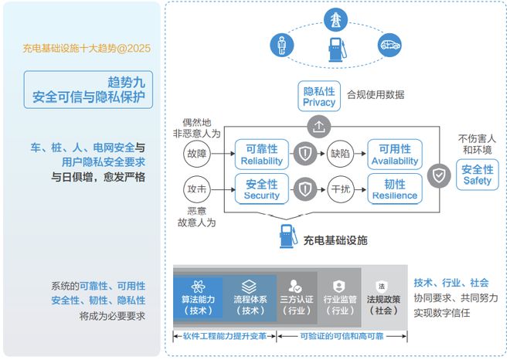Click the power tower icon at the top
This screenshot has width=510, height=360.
click(335, 20)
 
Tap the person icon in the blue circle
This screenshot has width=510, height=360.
click(282, 45)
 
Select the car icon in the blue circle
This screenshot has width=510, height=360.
click(389, 45)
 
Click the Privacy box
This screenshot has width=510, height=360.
click(319, 97)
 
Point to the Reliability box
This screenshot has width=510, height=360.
click(262, 155)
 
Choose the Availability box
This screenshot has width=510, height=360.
click(395, 155)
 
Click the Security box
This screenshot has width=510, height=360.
click(262, 189)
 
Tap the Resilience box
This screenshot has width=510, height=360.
click(395, 189)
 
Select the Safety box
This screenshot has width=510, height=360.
click(477, 175)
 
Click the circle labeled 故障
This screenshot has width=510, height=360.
click(197, 154)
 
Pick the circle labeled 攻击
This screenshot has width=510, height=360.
click(197, 189)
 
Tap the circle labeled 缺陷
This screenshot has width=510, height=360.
click(340, 154)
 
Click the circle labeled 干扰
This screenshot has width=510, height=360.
click(340, 189)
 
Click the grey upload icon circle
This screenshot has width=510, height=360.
click(319, 127)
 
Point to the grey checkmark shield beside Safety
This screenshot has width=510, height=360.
click(439, 175)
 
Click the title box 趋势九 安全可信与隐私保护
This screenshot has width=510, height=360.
click(88, 90)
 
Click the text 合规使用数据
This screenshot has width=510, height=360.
click(376, 95)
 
